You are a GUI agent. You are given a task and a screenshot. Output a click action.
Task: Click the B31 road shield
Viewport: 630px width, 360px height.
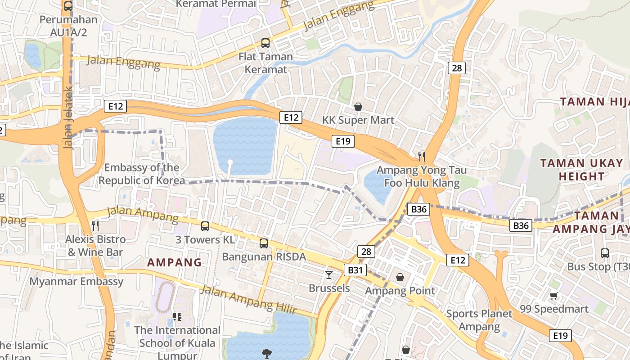coord(355,270)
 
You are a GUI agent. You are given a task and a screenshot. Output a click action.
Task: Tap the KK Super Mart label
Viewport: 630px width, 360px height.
coord(358,120)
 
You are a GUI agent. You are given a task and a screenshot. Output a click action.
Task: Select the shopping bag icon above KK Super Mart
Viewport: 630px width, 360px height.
coord(358,107)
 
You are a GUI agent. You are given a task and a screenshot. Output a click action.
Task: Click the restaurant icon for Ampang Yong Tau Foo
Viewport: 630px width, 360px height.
coord(422,156)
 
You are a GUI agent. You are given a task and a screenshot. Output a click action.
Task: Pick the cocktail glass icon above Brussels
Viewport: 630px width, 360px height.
coord(329,274)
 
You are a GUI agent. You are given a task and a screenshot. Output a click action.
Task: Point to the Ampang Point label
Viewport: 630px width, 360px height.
coord(400,290)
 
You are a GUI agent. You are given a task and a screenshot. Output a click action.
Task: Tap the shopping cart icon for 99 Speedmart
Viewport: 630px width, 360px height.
coord(554,296)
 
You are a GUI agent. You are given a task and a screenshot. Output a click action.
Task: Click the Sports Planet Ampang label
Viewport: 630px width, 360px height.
coord(479,320)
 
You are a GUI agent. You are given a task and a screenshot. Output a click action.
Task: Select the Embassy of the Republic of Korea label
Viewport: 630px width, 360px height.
coord(142,174)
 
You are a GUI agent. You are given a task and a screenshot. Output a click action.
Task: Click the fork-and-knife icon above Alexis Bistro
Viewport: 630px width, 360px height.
coord(95,225)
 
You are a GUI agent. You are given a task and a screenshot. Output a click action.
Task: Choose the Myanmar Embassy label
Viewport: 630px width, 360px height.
coord(76,282)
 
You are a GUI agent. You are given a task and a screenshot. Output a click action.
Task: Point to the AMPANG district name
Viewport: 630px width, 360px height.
coord(174,262)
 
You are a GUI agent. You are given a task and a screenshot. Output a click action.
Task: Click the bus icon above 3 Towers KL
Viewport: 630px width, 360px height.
coord(205,226)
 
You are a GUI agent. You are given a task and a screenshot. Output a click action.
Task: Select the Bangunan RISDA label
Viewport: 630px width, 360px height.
coord(264,257)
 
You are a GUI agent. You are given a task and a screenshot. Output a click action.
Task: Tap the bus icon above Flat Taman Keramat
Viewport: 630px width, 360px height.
coord(265,43)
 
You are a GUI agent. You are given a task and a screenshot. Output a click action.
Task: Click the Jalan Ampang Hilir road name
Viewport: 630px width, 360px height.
coord(248,299)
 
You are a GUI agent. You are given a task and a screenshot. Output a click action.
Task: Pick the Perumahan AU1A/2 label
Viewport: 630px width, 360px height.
coord(69,26)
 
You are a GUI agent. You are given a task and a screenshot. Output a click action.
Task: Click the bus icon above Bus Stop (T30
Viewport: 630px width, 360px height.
coord(605,253)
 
